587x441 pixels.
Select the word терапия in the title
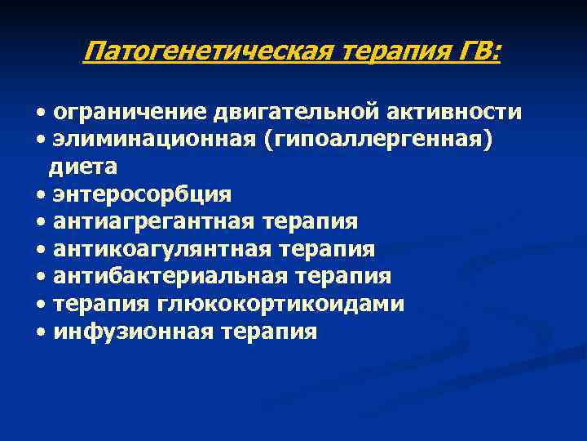pyautogui.click(x=393, y=54)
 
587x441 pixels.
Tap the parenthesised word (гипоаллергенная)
pyautogui.click(x=380, y=139)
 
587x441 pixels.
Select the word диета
pyautogui.click(x=83, y=167)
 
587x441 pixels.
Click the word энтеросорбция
pyautogui.click(x=142, y=194)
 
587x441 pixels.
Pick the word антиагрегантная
pyautogui.click(x=154, y=221)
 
